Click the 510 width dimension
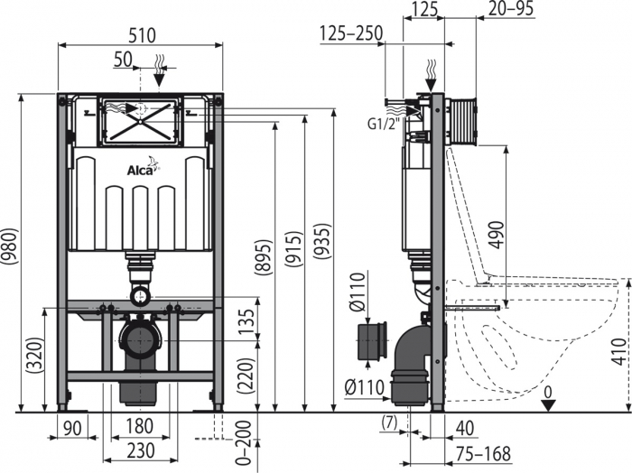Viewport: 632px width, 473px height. click(140, 36)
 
